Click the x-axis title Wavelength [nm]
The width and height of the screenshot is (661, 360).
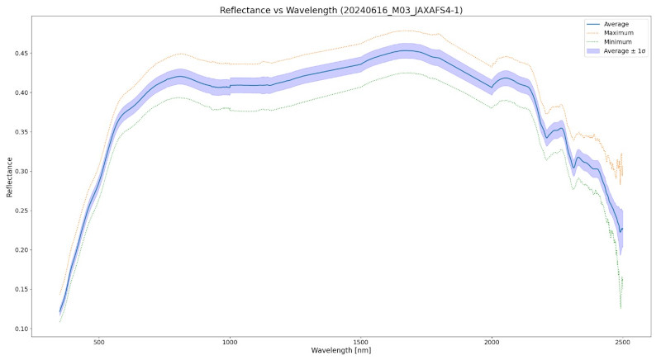click(x=341, y=351)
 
